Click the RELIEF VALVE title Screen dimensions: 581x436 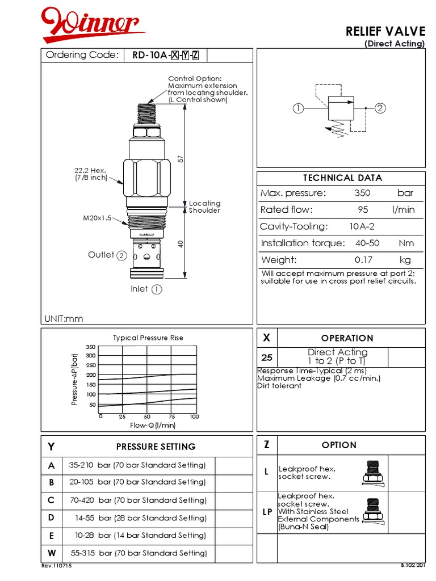coord(385,32)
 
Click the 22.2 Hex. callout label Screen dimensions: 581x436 coord(90,174)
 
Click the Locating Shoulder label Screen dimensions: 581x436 coord(204,207)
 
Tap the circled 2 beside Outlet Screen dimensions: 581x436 coord(121,255)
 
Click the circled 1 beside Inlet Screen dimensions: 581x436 coord(157,289)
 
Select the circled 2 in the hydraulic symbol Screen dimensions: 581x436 coord(380,108)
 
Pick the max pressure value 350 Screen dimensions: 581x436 coord(362,193)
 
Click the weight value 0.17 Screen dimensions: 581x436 coord(362,260)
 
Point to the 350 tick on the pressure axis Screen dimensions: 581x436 coord(90,347)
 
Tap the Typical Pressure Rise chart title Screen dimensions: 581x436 coord(148,338)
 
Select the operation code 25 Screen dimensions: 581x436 coord(267,358)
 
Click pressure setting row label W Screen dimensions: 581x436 coord(52,553)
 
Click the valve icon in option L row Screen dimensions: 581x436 coord(374,473)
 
